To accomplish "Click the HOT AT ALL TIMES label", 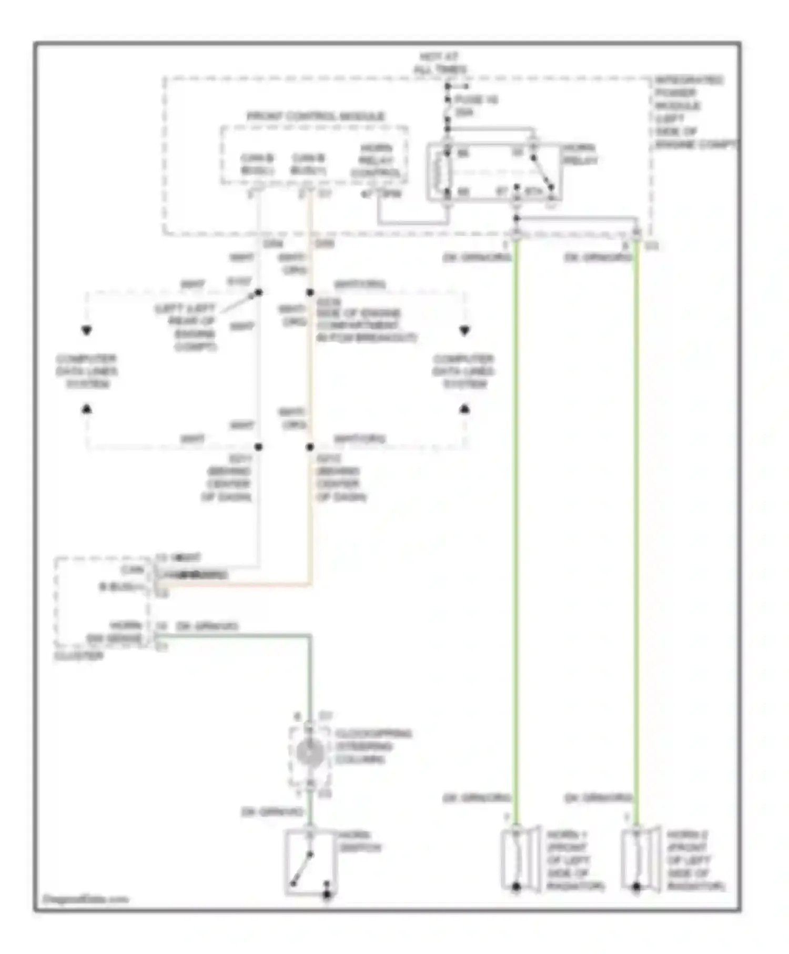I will pos(440,63).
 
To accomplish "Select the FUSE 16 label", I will pos(476,105).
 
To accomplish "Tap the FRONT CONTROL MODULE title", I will pos(316,116).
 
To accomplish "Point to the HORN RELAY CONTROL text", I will pos(376,161).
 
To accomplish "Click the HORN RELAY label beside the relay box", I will pos(580,154).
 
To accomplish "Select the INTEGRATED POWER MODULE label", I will pos(689,112).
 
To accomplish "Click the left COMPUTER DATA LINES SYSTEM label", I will pos(87,371).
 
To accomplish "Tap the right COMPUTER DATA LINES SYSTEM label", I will pos(463,371).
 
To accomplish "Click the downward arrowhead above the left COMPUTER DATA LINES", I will pos(87,331).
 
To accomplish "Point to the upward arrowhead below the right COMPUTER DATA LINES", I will pos(464,408).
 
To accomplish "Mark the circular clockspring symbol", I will pos(310,754).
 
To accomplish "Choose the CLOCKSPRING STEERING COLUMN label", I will pos(372,746).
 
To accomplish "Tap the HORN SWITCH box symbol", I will pos(310,863).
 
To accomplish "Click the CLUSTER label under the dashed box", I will pos(79,656).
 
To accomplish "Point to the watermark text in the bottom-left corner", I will pos(85,899).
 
